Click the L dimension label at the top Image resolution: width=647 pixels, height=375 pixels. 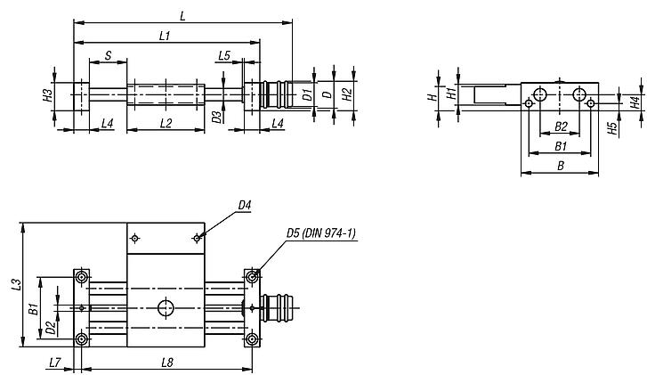coord(182,15)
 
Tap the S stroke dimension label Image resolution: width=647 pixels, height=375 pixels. coord(108,55)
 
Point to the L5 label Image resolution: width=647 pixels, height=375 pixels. coord(224,55)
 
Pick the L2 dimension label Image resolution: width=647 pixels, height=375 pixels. coord(166,122)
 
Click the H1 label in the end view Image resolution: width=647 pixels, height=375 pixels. coord(451,93)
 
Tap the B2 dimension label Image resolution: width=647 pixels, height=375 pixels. coord(561,126)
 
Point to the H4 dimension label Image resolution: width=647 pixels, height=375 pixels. coord(635,102)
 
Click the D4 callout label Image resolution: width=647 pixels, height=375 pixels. coord(245,206)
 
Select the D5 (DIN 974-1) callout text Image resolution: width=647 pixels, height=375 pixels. coord(320,233)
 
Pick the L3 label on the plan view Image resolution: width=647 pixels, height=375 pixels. coord(16,285)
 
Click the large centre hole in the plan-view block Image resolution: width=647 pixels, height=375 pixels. coord(166,308)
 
